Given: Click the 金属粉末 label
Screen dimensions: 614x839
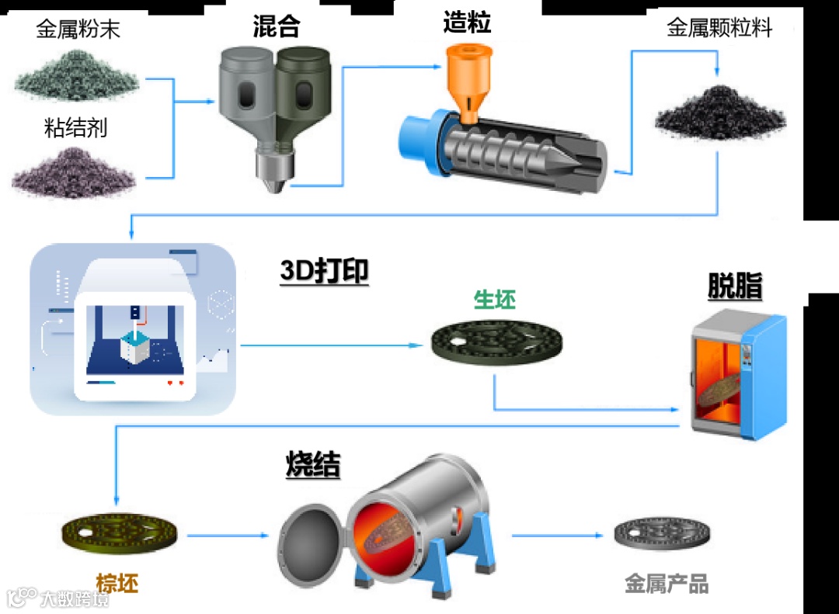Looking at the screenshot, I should [78, 30].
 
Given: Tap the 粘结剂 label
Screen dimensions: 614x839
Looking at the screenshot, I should [75, 127].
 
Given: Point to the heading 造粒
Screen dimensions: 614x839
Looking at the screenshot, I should [467, 23].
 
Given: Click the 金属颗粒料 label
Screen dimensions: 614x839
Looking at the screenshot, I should [719, 29].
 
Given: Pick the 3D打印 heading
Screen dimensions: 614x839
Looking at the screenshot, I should [324, 272].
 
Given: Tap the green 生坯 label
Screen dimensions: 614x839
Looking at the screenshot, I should [495, 300].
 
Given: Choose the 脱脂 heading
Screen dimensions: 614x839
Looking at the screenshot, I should [734, 287].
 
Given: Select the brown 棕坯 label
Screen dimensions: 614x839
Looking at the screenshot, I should [117, 582].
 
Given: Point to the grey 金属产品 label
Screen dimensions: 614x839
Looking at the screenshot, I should [667, 584].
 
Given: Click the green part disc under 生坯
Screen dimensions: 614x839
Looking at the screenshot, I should [497, 342].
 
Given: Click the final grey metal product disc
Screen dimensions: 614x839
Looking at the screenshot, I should [663, 535].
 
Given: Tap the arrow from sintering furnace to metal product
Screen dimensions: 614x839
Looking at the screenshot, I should [556, 535].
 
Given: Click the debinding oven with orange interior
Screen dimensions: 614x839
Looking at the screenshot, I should [738, 373].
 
